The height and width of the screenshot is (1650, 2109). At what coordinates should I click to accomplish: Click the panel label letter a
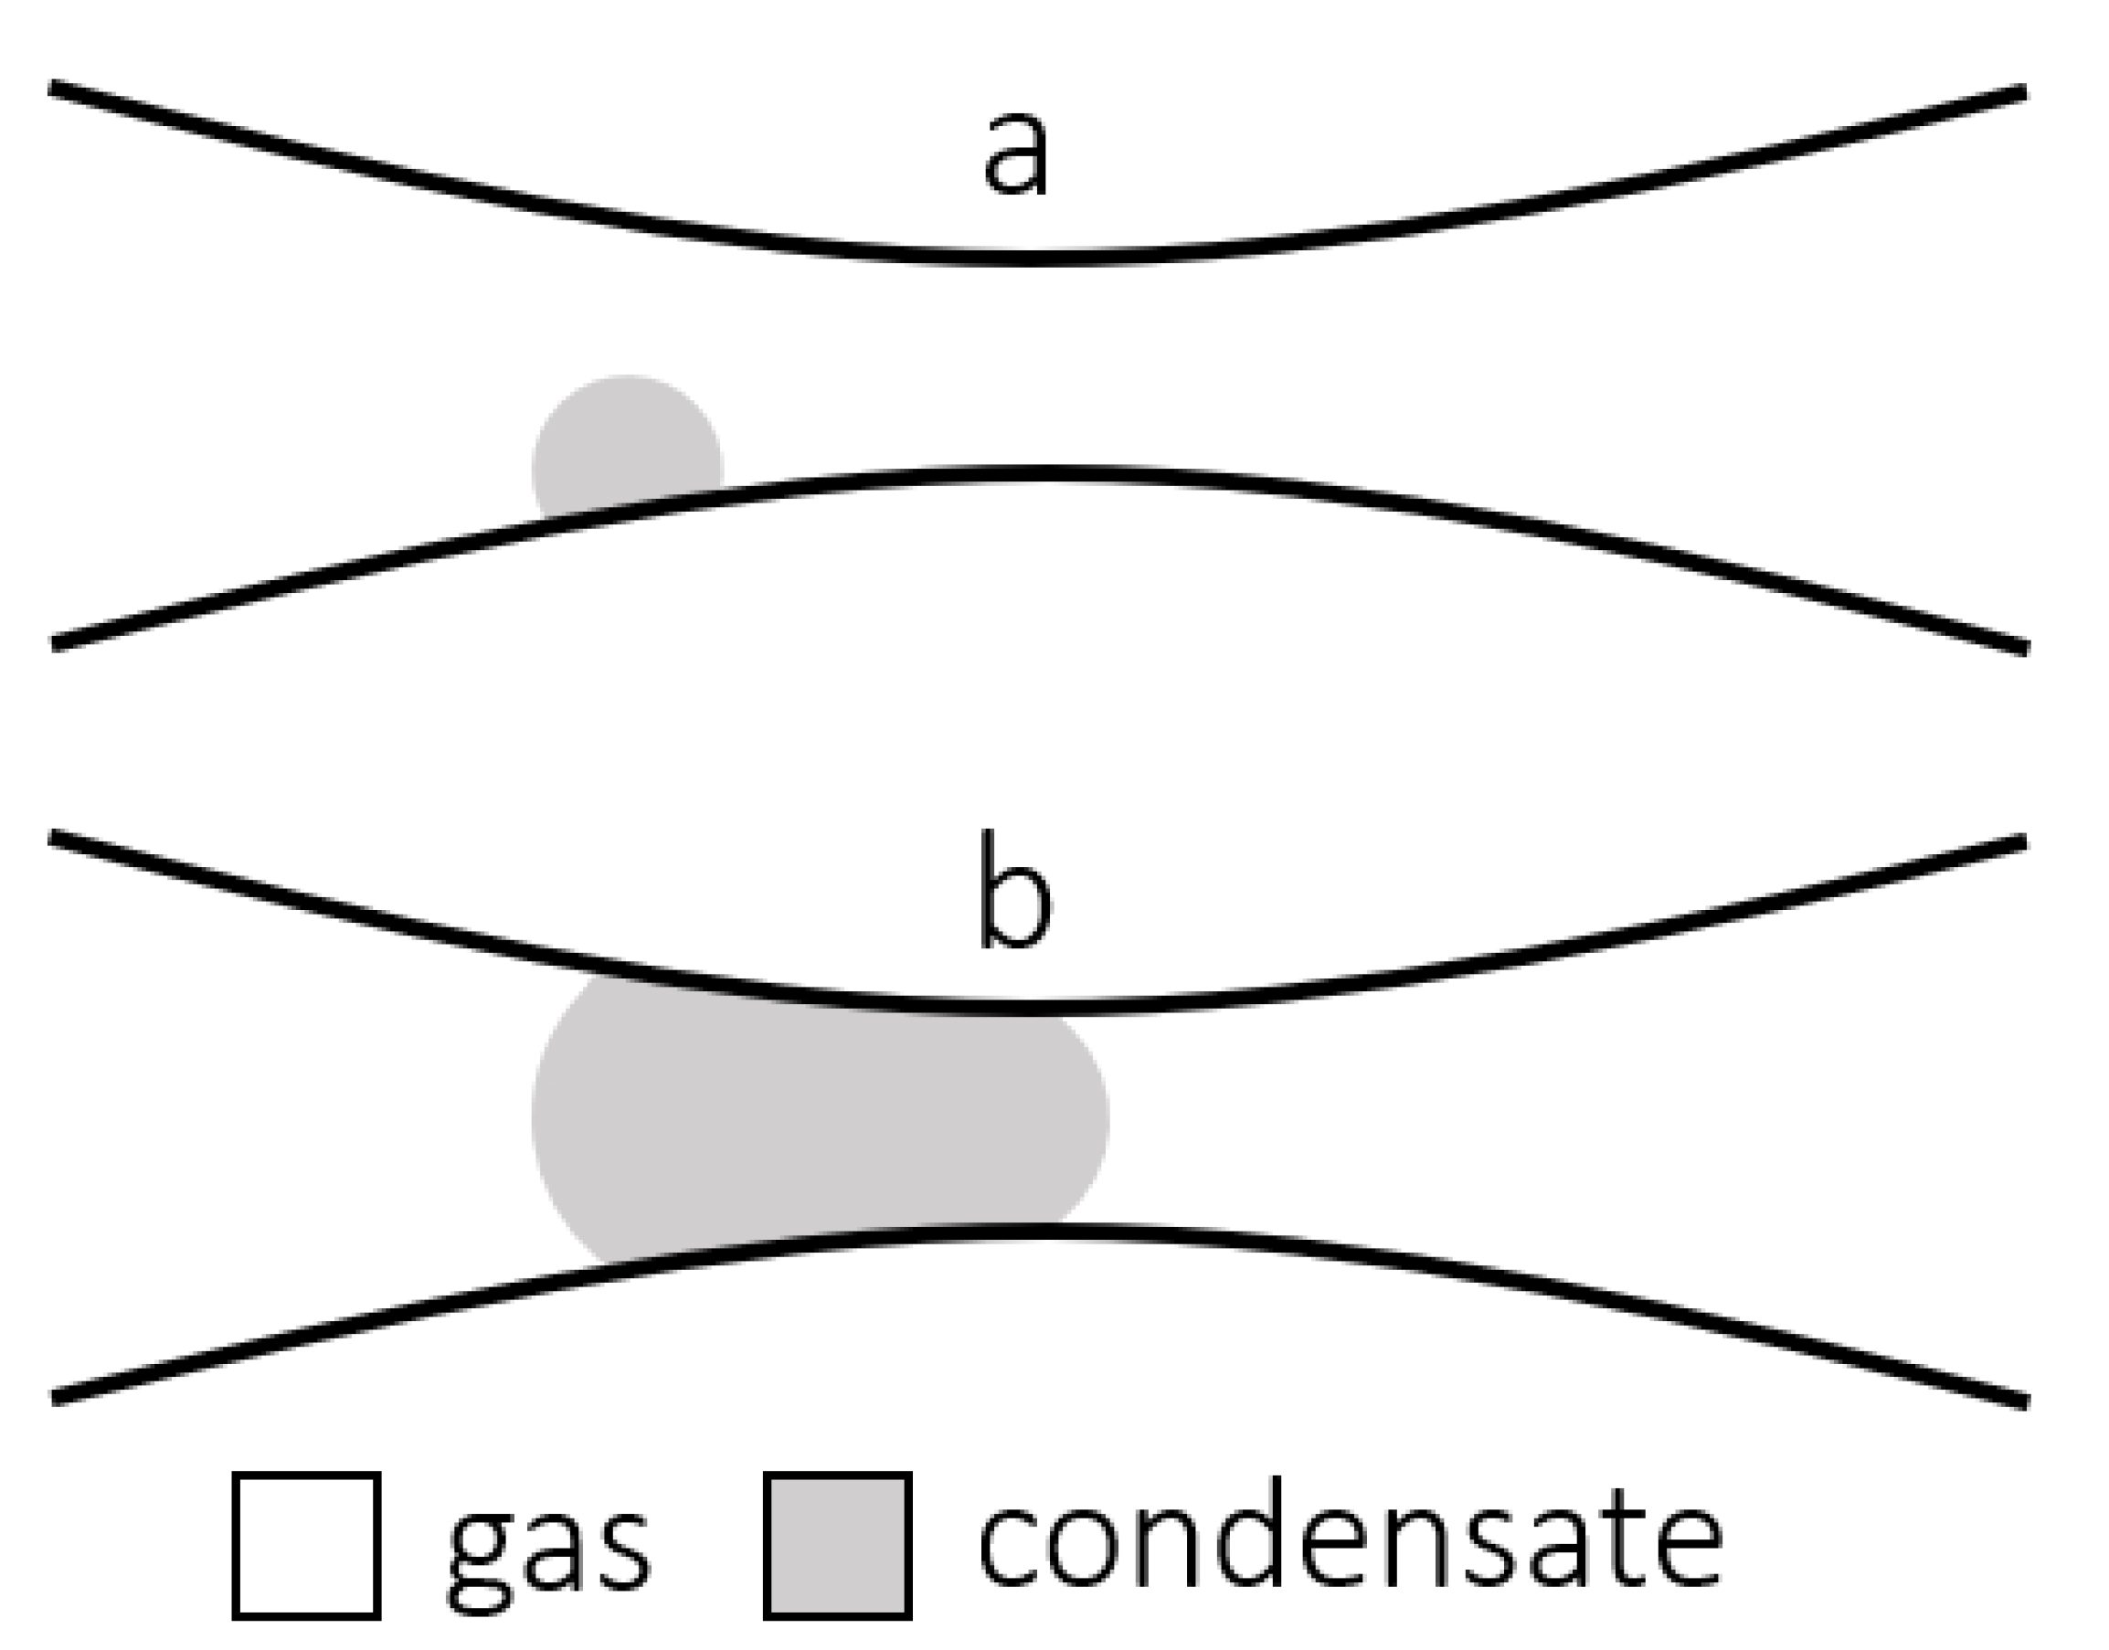pos(1014,154)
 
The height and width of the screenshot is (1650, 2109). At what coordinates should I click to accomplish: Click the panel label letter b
pos(1013,892)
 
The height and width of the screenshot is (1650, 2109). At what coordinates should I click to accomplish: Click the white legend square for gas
pos(306,1545)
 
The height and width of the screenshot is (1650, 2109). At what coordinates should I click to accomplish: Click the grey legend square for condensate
pos(838,1545)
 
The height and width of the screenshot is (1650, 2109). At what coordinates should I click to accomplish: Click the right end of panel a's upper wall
pos(2023,91)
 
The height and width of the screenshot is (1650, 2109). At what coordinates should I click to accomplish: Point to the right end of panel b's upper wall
pos(2023,841)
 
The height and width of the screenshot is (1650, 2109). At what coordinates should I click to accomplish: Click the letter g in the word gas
pos(480,1555)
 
